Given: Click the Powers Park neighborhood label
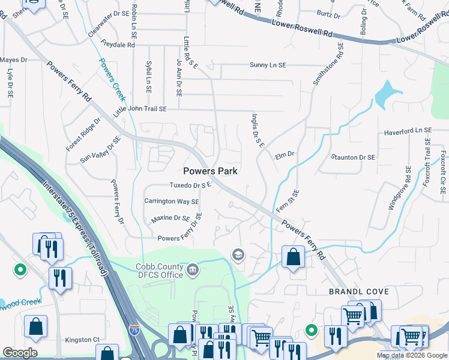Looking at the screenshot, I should click(210, 171).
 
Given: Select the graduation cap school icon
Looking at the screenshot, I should click(238, 256).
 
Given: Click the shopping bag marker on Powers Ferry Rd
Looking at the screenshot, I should click(292, 257).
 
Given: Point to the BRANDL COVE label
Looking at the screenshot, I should click(359, 292).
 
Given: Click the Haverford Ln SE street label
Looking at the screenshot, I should click(408, 131).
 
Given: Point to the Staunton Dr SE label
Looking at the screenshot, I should click(353, 157).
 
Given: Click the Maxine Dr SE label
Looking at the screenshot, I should click(170, 219).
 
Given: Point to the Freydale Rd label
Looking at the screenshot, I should click(118, 44).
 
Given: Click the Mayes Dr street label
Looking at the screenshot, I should click(14, 60).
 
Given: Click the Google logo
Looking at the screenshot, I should click(20, 353).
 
